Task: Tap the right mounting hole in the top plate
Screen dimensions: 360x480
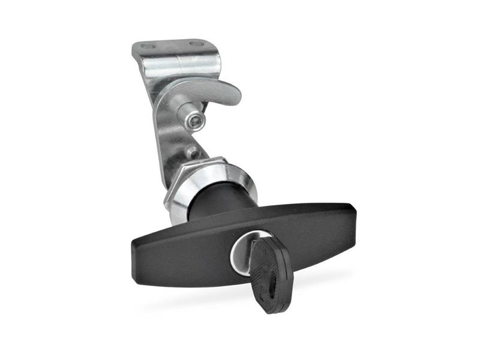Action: click(x=196, y=43)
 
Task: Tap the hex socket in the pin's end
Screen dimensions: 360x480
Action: click(x=192, y=122)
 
